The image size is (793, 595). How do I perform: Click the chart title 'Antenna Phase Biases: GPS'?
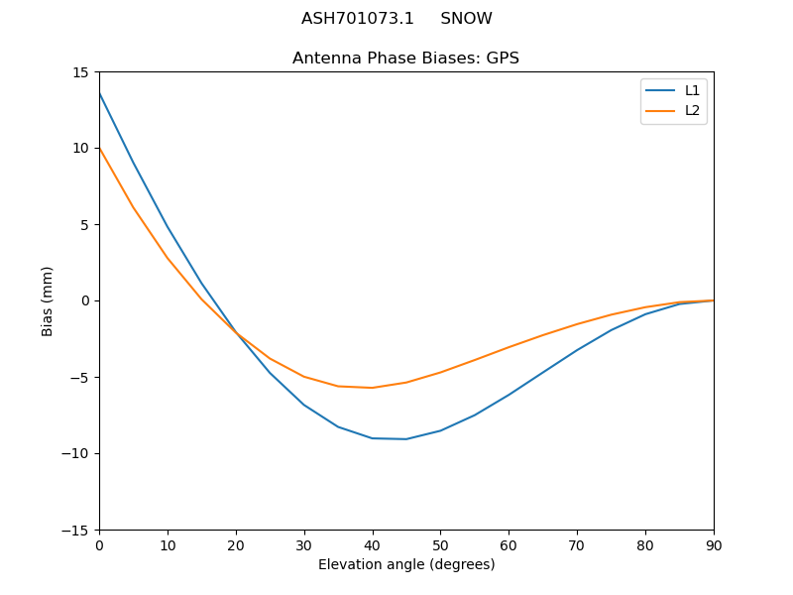[405, 59]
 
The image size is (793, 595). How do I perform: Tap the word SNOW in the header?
[466, 19]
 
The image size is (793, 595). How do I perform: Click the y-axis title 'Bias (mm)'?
[48, 300]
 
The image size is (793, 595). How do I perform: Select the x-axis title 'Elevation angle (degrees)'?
[406, 565]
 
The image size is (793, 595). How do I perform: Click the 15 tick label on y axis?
[80, 72]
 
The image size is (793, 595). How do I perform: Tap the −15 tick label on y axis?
[76, 531]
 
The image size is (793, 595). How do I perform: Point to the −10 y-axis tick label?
[76, 454]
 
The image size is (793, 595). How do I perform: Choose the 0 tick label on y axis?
[84, 301]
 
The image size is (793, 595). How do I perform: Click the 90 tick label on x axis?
[714, 544]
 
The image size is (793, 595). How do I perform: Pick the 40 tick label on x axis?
[373, 544]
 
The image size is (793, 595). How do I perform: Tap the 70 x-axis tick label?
[577, 544]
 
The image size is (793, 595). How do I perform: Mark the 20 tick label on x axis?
[236, 544]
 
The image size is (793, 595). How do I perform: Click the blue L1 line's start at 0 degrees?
[100, 94]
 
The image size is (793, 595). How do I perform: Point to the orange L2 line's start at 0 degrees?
[100, 149]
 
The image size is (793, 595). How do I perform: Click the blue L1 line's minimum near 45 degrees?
[406, 438]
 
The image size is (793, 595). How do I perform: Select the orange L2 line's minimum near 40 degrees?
[373, 388]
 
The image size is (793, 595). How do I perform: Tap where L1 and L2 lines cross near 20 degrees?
[237, 333]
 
